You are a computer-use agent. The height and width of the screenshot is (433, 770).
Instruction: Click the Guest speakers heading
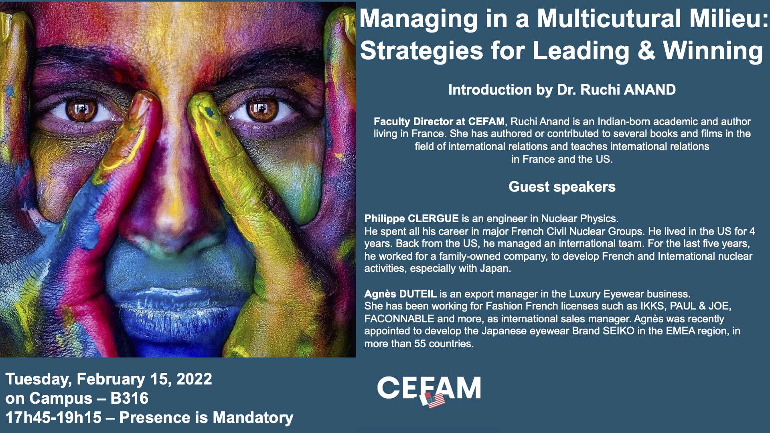pos(562,187)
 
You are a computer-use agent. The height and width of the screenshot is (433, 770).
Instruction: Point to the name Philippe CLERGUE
pos(411,219)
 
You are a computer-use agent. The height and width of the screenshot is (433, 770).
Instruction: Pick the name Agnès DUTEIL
pos(400,294)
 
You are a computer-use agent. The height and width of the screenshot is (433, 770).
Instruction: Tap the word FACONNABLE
pos(399,319)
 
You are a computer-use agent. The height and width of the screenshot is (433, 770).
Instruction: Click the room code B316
pos(129,399)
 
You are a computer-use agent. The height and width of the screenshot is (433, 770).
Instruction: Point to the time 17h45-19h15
pos(53,418)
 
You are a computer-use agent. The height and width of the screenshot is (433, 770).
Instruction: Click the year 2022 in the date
pos(194,379)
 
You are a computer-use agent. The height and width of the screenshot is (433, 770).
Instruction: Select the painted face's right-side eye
pos(261,109)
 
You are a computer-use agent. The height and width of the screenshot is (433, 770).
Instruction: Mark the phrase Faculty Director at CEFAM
pos(439,121)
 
